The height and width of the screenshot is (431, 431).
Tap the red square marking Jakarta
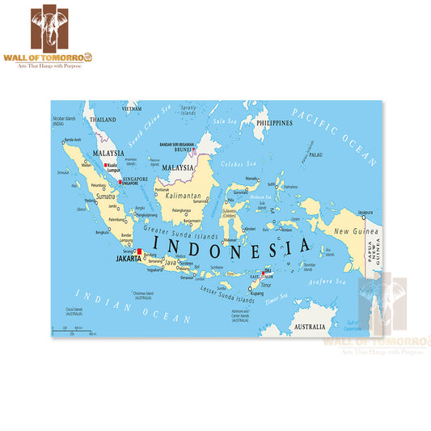tap(139, 252)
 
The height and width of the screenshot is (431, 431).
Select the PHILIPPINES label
tap(273, 123)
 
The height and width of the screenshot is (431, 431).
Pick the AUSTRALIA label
tap(309, 327)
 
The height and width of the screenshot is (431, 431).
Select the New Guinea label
tap(352, 232)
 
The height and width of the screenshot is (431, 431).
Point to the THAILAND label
tap(103, 119)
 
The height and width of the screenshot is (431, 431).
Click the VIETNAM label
tap(131, 108)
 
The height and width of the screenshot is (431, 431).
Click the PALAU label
tap(315, 154)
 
